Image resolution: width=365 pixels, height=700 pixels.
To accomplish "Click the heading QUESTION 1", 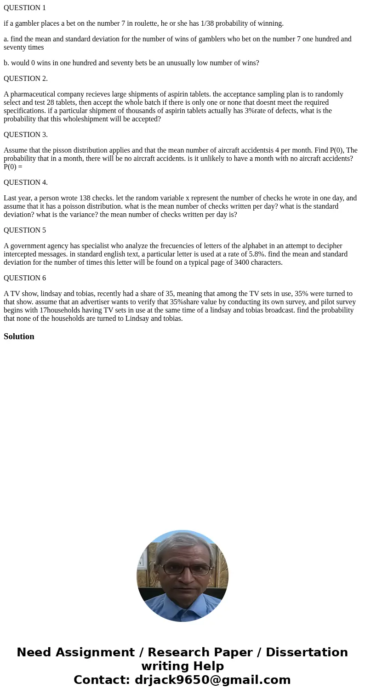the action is (x=25, y=8).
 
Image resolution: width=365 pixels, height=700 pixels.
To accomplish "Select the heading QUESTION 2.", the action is (x=26, y=79).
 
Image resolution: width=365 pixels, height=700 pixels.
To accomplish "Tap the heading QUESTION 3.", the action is (x=26, y=135).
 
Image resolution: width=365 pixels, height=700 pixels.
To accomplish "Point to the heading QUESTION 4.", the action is (x=26, y=182).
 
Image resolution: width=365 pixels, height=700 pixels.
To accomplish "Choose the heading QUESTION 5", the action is (x=25, y=230).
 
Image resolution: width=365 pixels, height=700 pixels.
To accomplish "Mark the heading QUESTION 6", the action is (x=25, y=278).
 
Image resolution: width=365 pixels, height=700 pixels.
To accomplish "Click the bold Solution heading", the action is (x=19, y=336).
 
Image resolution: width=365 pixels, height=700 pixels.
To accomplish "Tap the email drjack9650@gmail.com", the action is (x=212, y=680).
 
